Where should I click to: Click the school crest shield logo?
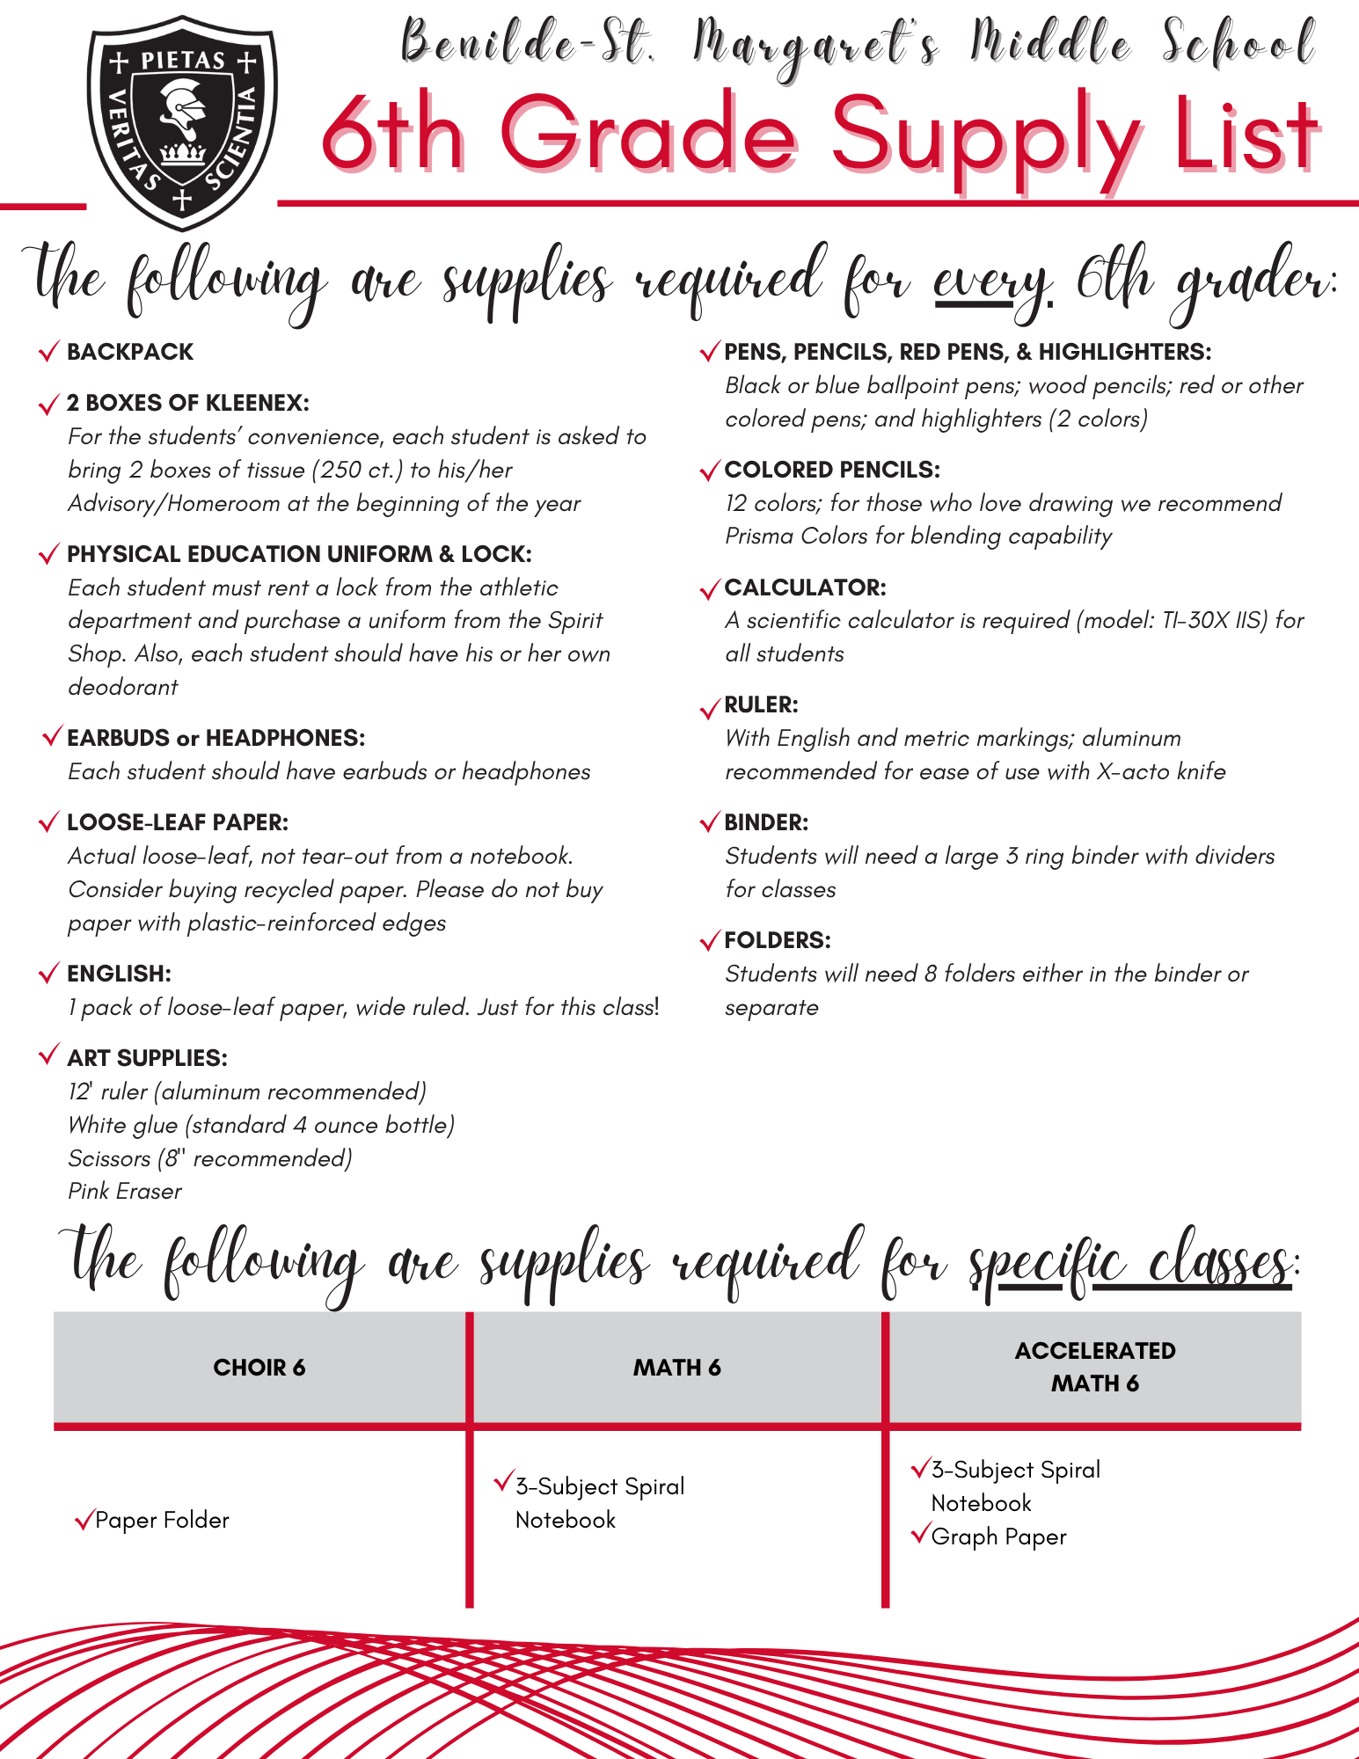182,122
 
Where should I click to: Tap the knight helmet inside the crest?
182,110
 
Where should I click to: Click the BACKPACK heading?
130,352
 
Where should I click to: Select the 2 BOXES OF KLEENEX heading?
187,403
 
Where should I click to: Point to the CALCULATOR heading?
805,587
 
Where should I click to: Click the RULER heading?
761,704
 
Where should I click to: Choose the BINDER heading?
766,822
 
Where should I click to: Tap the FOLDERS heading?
778,940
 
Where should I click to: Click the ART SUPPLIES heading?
147,1058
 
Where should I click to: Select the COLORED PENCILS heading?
832,470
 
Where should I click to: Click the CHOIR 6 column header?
259,1368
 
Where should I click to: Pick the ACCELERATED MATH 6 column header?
1095,1367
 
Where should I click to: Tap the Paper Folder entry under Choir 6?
162,1520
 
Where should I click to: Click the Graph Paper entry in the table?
998,1536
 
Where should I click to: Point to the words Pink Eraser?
125,1192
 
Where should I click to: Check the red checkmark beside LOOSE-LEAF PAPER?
49,822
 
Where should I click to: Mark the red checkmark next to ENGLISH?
49,974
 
